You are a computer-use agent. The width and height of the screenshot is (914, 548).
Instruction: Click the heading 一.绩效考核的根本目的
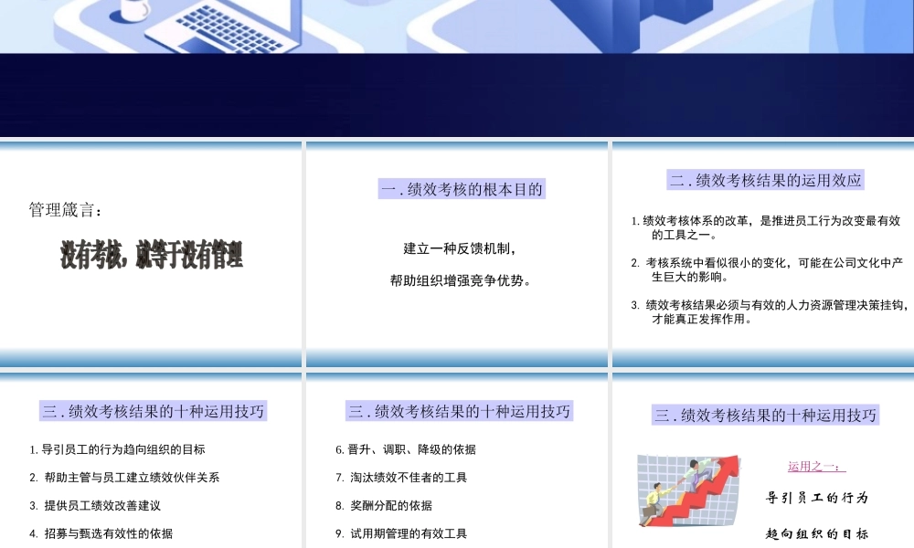tap(462, 190)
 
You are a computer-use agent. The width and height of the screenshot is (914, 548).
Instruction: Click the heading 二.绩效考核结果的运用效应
tap(765, 180)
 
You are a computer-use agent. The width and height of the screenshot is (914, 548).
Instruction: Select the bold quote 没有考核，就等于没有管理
tap(152, 255)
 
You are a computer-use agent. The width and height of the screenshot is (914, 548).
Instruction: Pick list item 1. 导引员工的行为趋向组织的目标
tap(117, 449)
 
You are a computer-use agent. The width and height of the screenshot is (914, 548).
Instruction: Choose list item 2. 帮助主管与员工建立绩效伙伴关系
tap(124, 478)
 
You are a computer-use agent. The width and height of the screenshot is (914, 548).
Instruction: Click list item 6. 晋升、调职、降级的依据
tap(405, 449)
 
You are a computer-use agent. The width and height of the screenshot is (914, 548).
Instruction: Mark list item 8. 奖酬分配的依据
tap(384, 505)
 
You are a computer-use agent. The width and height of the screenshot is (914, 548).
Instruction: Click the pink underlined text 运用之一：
tap(816, 467)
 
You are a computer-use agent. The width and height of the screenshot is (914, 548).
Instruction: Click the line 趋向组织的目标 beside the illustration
tap(816, 533)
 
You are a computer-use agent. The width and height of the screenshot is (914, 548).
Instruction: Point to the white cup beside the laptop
tap(133, 10)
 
